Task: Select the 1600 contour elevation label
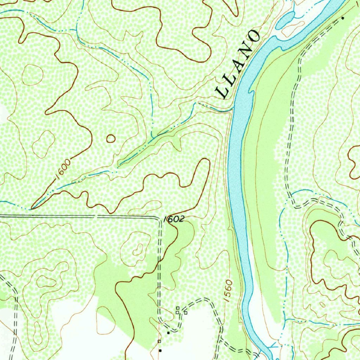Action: [x=63, y=168]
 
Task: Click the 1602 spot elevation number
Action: [x=174, y=219]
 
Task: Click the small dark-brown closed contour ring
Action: [x=111, y=139]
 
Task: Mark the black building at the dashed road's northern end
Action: [x=343, y=18]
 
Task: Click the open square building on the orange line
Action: [x=159, y=341]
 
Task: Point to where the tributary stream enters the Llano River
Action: [x=232, y=110]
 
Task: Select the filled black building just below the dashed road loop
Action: [x=168, y=333]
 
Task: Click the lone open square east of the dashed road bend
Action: [x=186, y=313]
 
